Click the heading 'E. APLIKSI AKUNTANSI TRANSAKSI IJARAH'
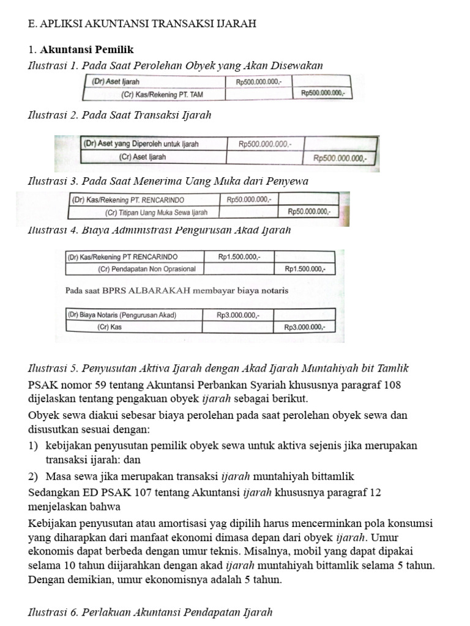142,24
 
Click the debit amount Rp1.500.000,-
239,257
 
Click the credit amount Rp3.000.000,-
305,327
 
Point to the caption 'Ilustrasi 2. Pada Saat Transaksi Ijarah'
120,115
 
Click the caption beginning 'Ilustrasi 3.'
168,181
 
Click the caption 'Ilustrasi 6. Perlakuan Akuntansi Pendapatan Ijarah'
150,612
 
